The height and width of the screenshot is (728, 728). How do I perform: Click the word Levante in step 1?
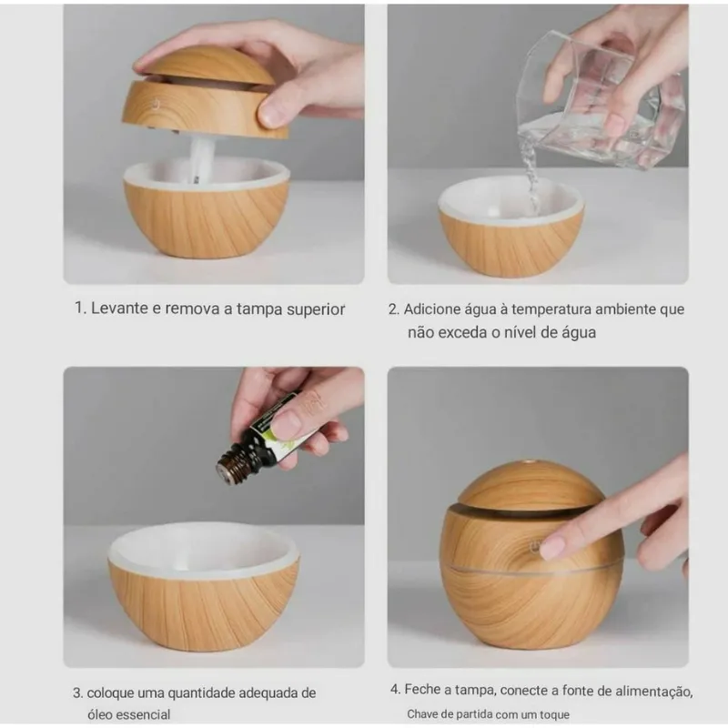119,308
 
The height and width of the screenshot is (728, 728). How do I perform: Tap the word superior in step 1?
315,308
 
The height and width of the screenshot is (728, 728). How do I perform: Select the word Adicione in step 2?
433,309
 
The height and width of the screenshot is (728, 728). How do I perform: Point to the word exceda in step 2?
465,332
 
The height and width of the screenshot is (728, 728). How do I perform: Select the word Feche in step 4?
425,690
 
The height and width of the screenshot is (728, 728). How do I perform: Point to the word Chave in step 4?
424,714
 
